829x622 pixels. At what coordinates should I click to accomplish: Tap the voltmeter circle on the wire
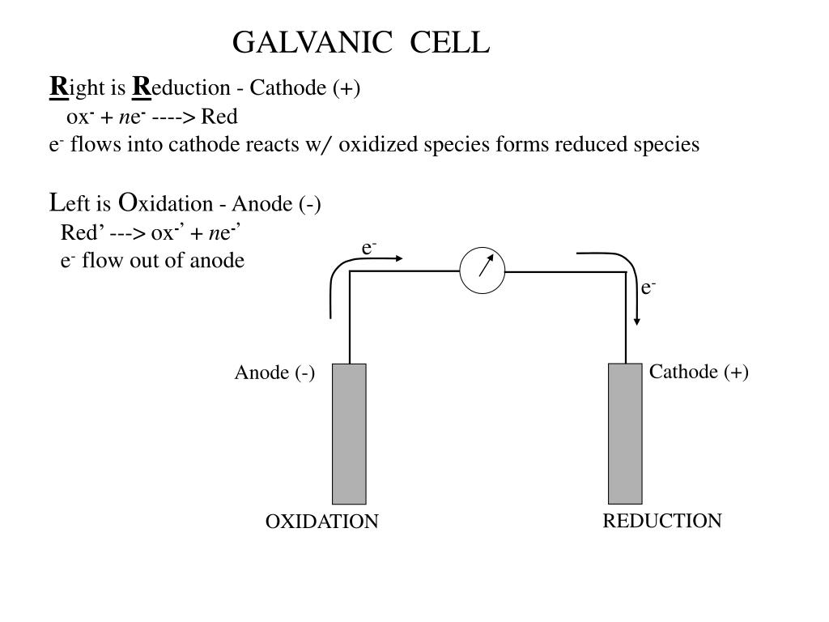pos(482,271)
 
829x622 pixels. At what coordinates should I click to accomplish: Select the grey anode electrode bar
pos(349,433)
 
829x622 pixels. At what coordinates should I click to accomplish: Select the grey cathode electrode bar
pos(625,433)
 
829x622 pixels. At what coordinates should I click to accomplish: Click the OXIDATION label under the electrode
pos(321,522)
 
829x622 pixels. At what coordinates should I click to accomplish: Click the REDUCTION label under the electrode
pos(661,521)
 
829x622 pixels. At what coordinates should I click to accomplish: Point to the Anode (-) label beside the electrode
pos(274,373)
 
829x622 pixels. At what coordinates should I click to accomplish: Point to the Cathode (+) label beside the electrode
pos(699,372)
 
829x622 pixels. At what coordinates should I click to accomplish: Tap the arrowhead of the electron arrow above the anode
pos(397,258)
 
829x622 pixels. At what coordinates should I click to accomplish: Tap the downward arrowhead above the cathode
pos(637,320)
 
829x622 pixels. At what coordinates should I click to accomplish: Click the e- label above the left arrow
pos(369,248)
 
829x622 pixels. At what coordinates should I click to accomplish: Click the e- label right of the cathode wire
pos(648,288)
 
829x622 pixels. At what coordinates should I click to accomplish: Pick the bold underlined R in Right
pos(58,86)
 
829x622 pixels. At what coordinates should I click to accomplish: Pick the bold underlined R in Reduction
pos(141,86)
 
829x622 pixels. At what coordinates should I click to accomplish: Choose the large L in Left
pos(55,202)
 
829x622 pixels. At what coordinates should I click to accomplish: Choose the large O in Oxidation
pos(127,202)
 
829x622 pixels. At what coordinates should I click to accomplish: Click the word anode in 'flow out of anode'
pos(219,261)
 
